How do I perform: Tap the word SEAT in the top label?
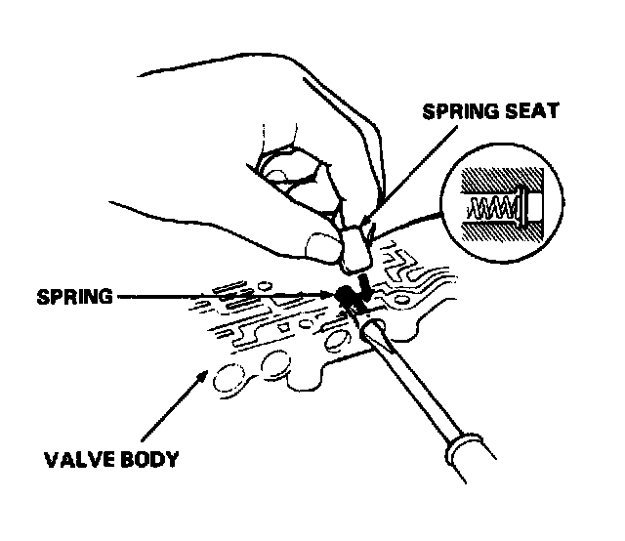[531, 111]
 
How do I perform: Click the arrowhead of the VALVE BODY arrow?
[203, 373]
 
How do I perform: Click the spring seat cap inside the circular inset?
[529, 207]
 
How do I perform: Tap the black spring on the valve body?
[344, 296]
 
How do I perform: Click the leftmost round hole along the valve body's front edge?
[231, 377]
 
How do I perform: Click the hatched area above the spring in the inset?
[498, 181]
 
